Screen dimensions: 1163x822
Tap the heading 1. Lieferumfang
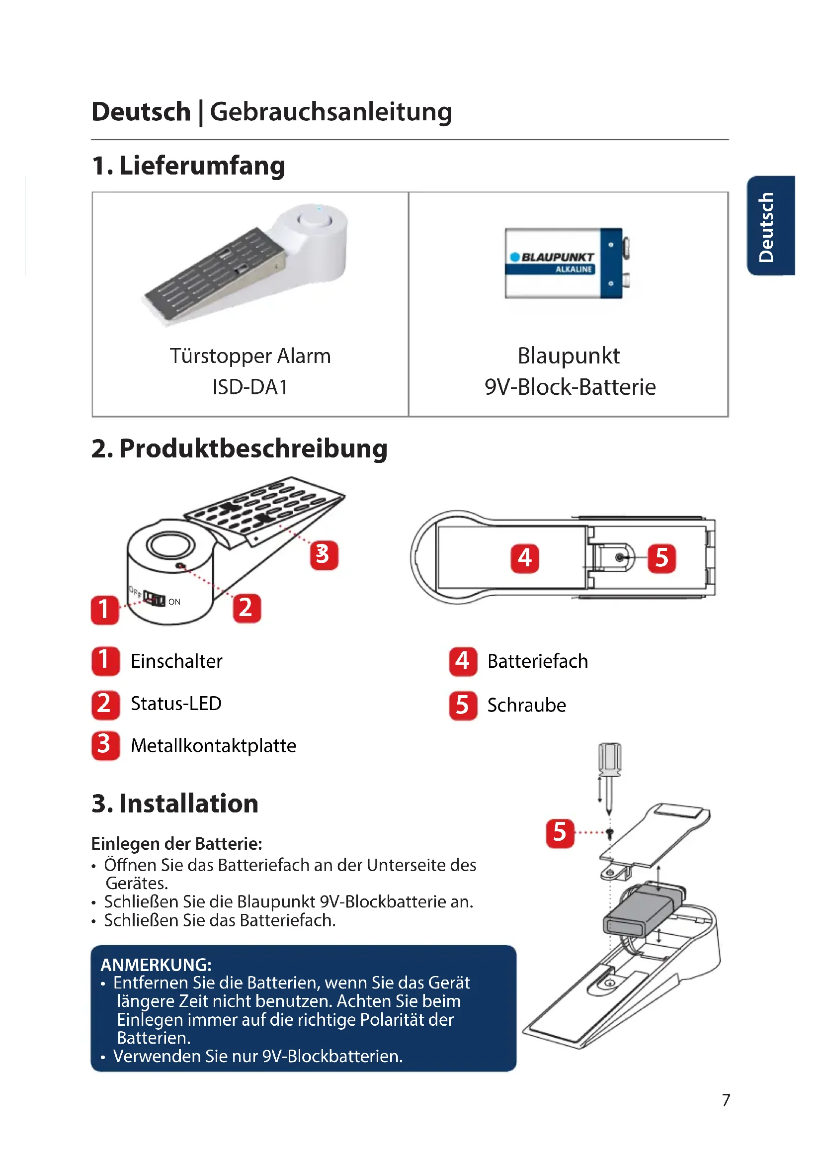point(188,166)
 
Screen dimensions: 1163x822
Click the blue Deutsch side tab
point(770,225)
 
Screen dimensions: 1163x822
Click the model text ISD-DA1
point(250,387)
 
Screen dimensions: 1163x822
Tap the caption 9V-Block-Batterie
point(570,387)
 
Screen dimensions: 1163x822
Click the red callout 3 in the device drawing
point(324,555)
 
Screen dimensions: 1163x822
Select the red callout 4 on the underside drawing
point(524,558)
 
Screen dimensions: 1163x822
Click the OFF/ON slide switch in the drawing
point(154,598)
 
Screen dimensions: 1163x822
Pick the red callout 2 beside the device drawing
point(247,608)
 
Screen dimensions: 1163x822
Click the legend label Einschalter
point(176,661)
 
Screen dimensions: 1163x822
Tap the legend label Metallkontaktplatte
point(213,746)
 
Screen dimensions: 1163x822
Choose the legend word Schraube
point(526,705)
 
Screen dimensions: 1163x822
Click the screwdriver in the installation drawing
point(609,770)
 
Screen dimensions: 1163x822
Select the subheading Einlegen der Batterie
point(176,844)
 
